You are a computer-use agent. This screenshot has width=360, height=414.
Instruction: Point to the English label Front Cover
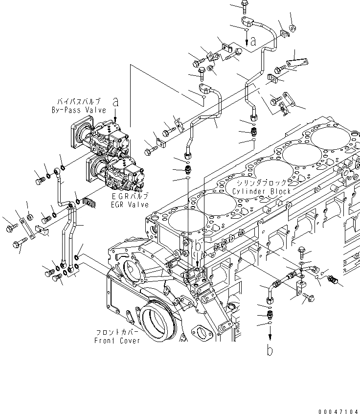click(x=117, y=340)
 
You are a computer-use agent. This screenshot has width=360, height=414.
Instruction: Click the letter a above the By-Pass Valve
click(x=115, y=102)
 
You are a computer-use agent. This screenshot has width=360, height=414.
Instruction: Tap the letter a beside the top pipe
click(x=252, y=42)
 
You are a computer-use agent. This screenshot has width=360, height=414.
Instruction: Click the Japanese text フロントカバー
click(x=117, y=332)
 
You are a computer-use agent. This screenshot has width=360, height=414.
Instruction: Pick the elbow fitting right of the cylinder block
click(x=311, y=268)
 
